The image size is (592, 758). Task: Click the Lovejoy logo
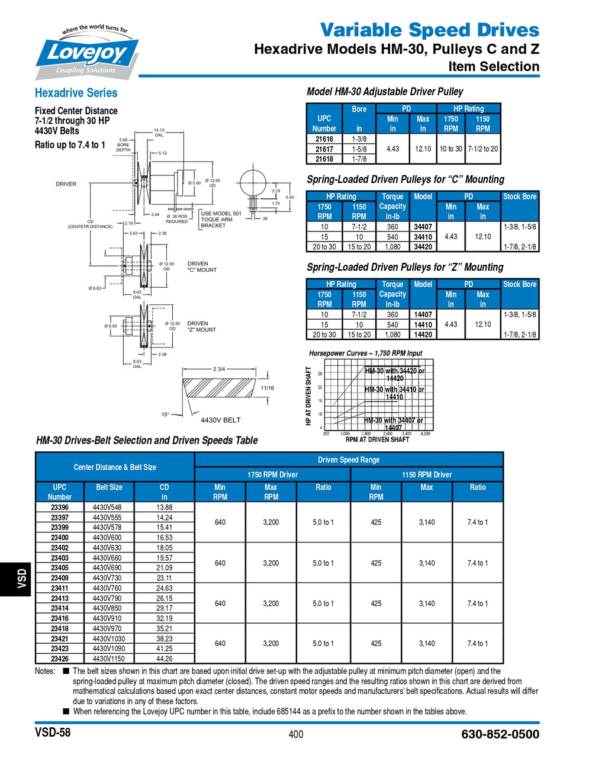[x=88, y=53]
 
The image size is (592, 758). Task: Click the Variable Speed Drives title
[x=430, y=30]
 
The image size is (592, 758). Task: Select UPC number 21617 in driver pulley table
[x=324, y=149]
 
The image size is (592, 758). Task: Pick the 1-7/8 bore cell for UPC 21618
[x=359, y=159]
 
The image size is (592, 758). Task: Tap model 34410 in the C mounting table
[x=423, y=237]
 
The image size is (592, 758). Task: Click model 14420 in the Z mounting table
[x=423, y=335]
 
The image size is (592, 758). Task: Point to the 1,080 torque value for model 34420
[x=392, y=247]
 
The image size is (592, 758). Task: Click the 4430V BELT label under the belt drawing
[x=221, y=420]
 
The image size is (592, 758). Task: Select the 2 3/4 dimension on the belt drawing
[x=218, y=369]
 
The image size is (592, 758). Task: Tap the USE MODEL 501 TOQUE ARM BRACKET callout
[x=221, y=219]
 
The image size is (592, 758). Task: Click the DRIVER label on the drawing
[x=66, y=184]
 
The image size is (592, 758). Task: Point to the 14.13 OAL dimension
[x=159, y=132]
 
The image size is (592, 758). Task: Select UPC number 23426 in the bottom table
[x=59, y=659]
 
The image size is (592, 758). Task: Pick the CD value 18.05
[x=164, y=548]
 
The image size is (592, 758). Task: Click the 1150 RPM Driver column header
[x=426, y=474]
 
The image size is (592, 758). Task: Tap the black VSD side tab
[x=21, y=579]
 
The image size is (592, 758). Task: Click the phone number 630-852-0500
[x=500, y=734]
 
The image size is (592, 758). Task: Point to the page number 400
[x=295, y=734]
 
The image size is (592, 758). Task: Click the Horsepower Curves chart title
[x=365, y=353]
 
